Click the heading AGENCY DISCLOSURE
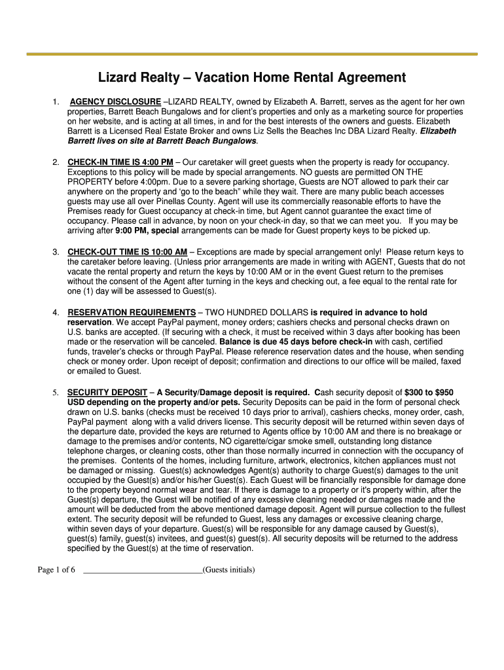tap(115, 102)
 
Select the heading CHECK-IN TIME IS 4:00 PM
tap(120, 162)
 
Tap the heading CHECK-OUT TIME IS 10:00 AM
tap(128, 252)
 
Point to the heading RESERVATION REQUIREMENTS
tap(132, 313)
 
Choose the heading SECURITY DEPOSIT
tap(107, 392)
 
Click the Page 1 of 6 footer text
tap(56, 570)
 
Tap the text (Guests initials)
tap(228, 570)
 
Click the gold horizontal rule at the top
tap(252, 54)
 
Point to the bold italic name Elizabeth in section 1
tap(438, 132)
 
